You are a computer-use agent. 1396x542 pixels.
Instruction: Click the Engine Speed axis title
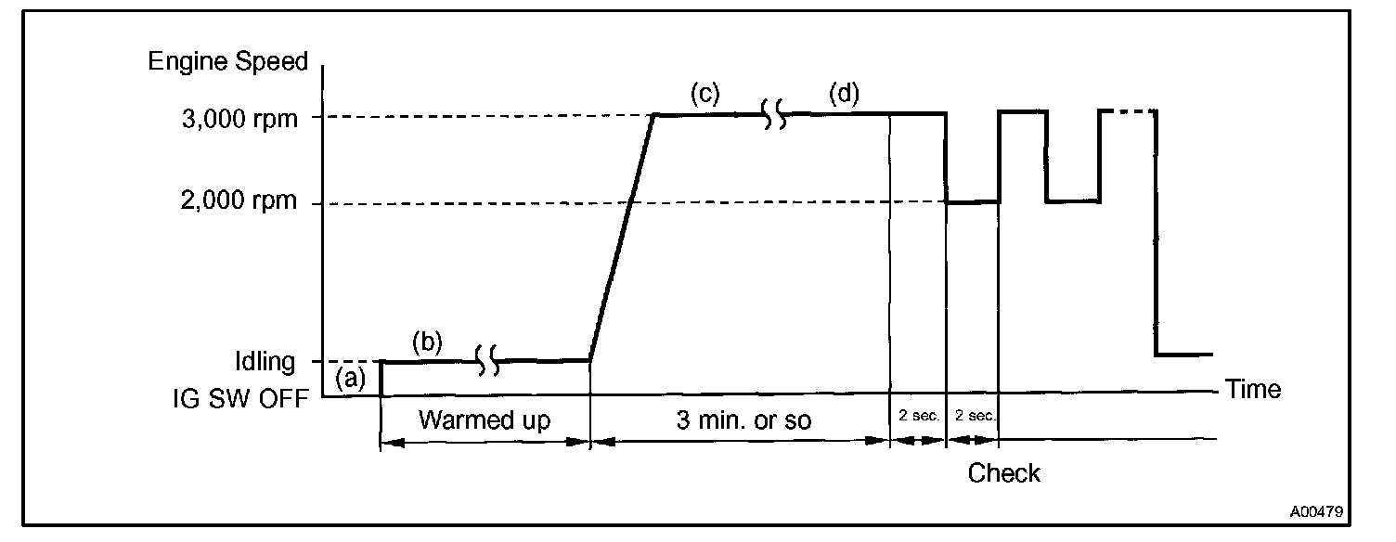(227, 62)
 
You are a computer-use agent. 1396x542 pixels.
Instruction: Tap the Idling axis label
(265, 361)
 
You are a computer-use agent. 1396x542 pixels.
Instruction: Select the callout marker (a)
(351, 378)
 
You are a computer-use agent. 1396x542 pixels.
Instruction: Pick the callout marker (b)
(428, 342)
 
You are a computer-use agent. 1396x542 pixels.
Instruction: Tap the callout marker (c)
(705, 94)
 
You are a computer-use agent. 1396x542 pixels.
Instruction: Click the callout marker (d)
(845, 94)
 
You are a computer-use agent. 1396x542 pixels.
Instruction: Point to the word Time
(1253, 389)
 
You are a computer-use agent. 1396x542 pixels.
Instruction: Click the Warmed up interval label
(485, 420)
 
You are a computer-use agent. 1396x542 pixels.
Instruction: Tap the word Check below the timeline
(1004, 473)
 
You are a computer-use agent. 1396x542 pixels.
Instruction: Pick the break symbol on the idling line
(488, 360)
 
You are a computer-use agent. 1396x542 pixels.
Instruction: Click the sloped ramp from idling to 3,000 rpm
(622, 237)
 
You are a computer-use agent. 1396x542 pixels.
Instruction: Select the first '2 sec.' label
(919, 417)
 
